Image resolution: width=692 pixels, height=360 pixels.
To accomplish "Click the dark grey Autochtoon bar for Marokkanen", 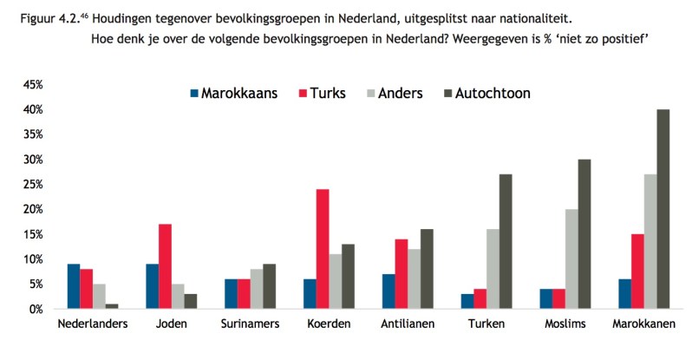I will pos(663,209).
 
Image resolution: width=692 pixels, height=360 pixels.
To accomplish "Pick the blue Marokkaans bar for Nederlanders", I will pos(74,286).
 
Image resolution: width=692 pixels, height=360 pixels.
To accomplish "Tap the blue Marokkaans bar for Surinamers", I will pos(231,294).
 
